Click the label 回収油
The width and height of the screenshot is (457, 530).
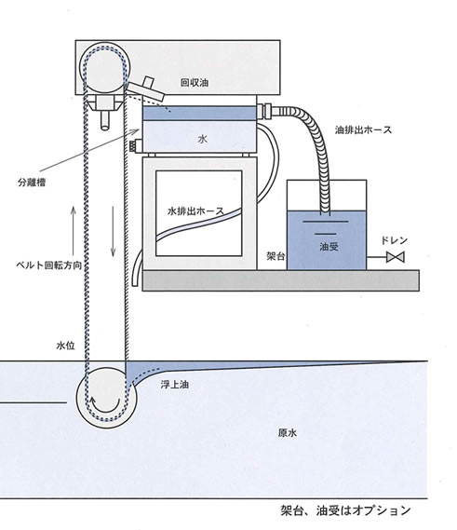click(195, 83)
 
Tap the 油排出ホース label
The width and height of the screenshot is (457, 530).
click(363, 129)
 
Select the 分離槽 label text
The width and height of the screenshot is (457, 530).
click(32, 183)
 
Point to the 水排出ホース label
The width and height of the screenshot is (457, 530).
click(195, 211)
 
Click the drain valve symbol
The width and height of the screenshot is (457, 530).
click(396, 257)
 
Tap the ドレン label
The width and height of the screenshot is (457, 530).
click(395, 240)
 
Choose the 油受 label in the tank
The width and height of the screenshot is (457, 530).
click(329, 247)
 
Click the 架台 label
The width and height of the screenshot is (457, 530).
click(276, 256)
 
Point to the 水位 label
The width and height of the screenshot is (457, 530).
click(65, 346)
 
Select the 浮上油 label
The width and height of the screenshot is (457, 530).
click(174, 385)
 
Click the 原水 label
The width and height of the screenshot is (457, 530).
click(288, 432)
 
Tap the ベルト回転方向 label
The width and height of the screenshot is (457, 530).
click(49, 265)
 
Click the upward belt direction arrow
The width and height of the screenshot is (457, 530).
click(73, 230)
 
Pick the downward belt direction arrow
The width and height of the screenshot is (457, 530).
click(114, 231)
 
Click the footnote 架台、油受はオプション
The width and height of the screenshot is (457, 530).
click(345, 510)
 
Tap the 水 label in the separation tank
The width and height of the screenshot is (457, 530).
click(202, 139)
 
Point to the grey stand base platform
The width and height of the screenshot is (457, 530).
click(281, 280)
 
